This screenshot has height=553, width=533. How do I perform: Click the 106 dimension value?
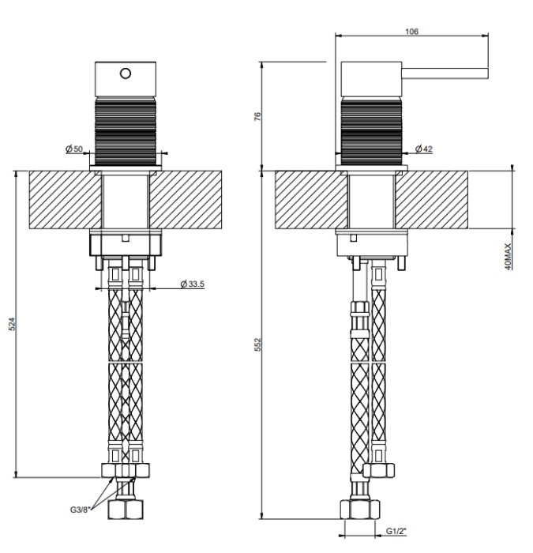411,32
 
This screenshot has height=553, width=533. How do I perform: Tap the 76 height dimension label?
257,116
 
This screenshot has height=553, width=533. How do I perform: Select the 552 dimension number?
257,344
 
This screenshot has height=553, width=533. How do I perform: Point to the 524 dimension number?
13,323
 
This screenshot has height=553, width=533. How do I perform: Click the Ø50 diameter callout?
74,149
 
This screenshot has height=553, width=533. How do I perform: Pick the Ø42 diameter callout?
424,149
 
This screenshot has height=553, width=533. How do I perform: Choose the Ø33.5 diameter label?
192,284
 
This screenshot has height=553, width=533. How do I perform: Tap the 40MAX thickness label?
508,257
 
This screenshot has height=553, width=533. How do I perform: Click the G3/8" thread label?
81,510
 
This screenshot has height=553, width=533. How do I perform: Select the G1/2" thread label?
396,531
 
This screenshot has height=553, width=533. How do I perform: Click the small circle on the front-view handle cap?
125,73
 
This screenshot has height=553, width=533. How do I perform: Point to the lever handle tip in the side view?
487,73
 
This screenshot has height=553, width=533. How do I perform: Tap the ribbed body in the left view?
125,132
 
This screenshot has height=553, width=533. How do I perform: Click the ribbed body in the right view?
371,132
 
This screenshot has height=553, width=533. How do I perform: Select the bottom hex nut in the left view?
126,510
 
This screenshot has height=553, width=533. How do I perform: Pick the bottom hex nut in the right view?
360,510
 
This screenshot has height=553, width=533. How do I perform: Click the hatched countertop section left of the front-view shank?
66,200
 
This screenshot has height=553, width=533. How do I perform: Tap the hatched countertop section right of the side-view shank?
431,200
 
